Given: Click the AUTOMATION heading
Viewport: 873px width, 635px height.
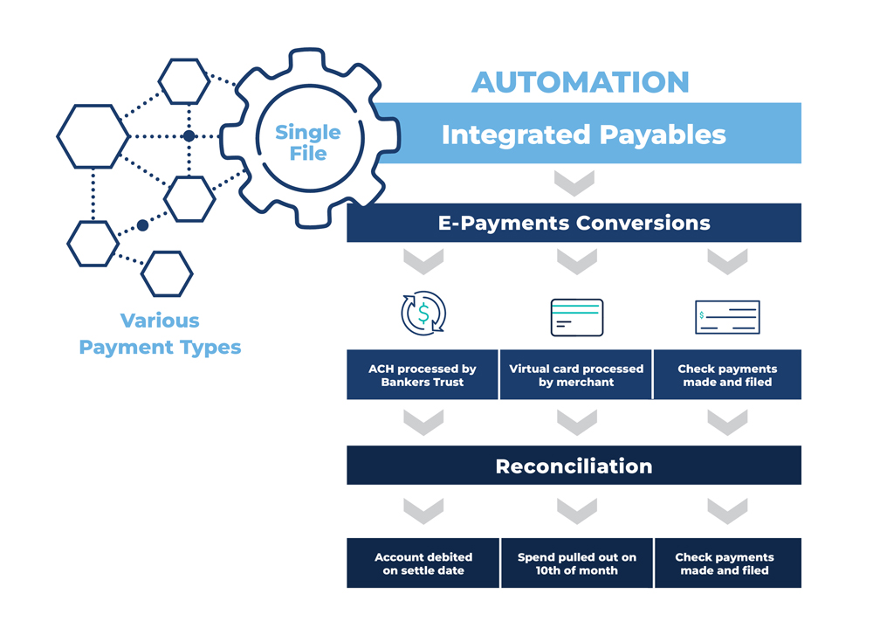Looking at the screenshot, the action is tap(581, 82).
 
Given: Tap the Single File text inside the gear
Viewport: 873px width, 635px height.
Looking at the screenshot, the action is tap(308, 142).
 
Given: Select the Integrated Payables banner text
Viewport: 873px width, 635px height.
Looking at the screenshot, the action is tap(583, 135).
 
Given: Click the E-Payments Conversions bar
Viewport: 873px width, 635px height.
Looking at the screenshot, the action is tap(574, 223).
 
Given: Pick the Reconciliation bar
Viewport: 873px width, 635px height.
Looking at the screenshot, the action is tap(574, 466).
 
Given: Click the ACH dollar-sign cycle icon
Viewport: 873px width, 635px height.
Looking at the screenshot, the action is tap(423, 313).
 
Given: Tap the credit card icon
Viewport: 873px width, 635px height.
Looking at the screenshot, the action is tap(577, 318).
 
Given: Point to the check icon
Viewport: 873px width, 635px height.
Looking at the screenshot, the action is tap(728, 318).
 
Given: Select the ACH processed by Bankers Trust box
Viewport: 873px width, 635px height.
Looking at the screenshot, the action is tap(423, 375).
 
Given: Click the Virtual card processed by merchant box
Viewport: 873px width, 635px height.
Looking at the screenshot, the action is tap(576, 375).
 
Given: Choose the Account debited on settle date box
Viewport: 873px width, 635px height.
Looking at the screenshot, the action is tap(423, 563).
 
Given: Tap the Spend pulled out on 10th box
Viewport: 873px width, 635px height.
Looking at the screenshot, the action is tap(577, 563).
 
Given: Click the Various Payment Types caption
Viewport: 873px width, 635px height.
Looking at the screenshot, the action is tap(160, 334).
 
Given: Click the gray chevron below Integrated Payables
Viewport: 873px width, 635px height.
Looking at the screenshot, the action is tap(574, 183).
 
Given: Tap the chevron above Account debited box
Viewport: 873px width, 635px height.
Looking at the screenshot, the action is tap(423, 511).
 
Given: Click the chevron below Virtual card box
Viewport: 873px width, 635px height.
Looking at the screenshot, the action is tap(577, 422).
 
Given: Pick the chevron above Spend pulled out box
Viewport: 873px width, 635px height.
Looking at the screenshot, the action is tap(577, 511).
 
